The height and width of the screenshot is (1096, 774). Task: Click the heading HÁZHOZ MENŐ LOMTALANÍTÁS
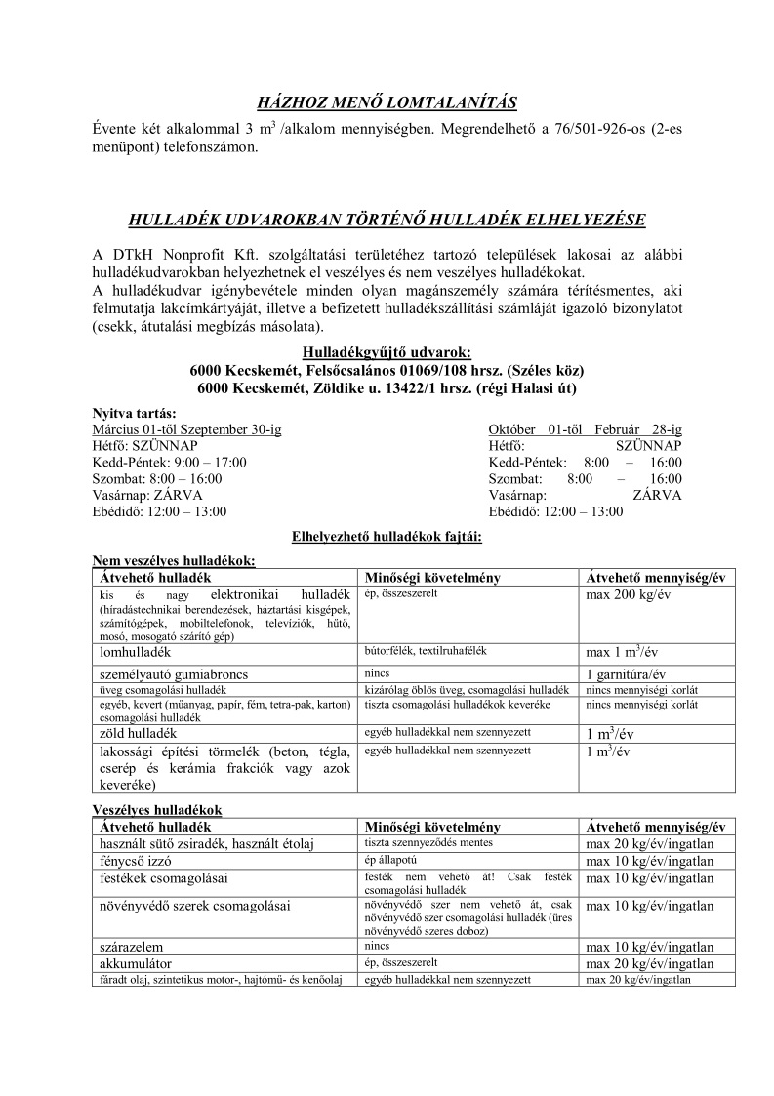387,102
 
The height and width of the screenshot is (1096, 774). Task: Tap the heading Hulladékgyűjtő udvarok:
387,352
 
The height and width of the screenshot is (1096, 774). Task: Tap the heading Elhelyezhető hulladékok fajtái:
387,536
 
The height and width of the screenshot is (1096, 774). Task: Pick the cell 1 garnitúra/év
626,673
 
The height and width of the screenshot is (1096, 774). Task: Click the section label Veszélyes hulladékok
157,810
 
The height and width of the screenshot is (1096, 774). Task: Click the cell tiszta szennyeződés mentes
428,842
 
